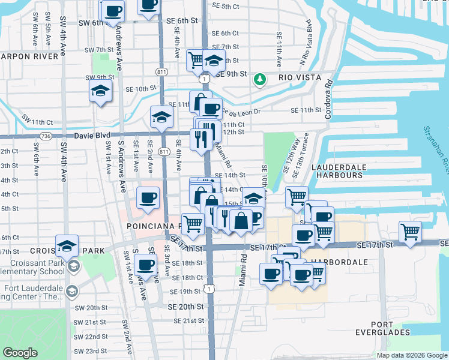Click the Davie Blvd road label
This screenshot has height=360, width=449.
click(92, 136)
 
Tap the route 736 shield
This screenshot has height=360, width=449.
click(47, 136)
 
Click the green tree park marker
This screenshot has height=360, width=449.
click(260, 79)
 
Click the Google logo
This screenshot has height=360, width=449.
click(20, 353)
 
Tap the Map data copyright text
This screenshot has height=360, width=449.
click(412, 355)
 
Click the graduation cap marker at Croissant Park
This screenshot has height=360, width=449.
click(67, 244)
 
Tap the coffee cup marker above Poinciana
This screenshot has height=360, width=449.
click(148, 197)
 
